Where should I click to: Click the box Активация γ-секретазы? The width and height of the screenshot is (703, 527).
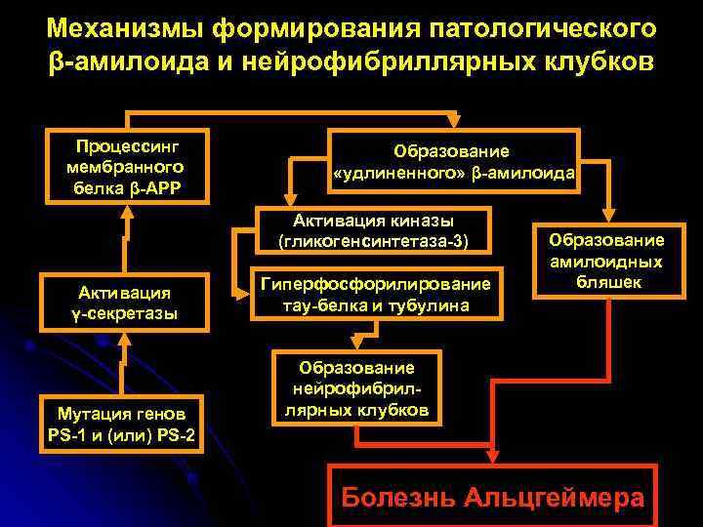[124, 303]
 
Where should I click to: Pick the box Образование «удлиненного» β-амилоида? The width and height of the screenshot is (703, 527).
[454, 162]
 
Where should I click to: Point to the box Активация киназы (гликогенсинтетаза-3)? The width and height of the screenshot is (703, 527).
[373, 230]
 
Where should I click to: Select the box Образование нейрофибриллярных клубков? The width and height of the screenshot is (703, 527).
[356, 388]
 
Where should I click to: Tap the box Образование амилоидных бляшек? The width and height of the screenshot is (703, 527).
[605, 262]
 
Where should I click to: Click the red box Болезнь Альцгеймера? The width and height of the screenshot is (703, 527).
[492, 496]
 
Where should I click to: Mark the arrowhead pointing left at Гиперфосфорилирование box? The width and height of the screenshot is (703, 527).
[241, 290]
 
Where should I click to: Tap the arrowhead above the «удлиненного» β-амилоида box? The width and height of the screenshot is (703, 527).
[452, 121]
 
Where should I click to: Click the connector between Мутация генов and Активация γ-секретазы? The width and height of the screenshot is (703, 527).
[124, 363]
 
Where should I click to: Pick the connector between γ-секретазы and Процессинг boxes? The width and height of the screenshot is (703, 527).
[124, 239]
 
